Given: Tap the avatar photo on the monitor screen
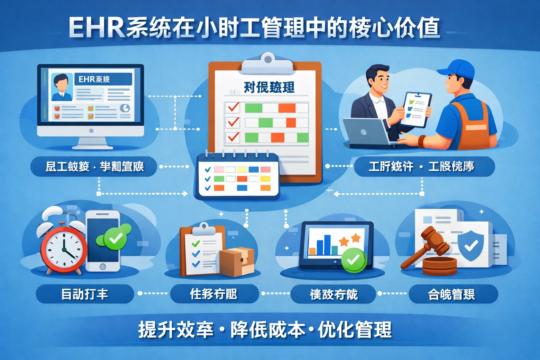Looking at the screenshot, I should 62,87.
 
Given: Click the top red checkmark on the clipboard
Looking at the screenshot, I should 233,107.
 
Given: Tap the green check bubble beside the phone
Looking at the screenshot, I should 114,239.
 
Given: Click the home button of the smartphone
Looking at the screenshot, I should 103,266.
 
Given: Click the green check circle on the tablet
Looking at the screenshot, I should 354,260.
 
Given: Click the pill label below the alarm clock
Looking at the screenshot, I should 85,294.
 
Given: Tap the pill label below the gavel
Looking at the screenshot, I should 453,294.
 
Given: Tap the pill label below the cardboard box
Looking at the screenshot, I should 214,294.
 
